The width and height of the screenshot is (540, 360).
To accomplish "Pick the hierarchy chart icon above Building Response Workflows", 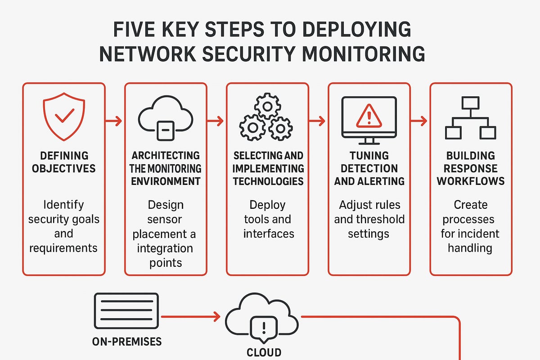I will point(470,118).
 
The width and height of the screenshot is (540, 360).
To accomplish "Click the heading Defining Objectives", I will point(63,162).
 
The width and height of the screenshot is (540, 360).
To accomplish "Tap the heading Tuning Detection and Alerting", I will point(369,169).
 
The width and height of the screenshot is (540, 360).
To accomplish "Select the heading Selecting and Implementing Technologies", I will point(267,169).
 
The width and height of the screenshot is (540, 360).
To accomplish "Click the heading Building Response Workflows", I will point(471,169).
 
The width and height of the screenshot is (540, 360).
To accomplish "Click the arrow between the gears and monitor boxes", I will point(318,121).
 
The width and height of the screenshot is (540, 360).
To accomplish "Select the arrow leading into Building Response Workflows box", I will point(419,121).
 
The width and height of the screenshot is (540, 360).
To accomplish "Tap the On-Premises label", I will point(126,342).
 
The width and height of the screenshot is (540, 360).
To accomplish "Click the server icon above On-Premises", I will point(126,310).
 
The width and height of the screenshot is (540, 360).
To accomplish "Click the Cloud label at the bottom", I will point(264,352).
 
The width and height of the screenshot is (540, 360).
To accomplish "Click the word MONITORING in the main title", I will point(364,53).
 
